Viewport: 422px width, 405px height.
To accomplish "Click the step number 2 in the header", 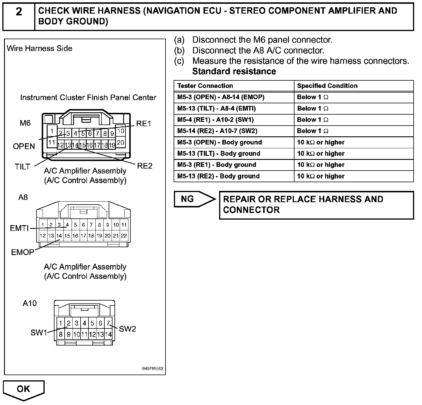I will [19, 12].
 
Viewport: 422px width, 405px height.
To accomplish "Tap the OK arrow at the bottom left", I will [23, 389].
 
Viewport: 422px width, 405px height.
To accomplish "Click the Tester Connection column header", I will [205, 86].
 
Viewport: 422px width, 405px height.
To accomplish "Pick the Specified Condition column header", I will [327, 86].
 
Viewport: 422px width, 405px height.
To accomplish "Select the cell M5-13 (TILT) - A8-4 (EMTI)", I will [217, 109].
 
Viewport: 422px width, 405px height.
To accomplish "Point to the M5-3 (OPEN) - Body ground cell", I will [219, 142].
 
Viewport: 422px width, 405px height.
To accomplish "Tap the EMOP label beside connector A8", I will [23, 252].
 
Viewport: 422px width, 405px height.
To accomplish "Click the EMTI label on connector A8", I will [19, 228].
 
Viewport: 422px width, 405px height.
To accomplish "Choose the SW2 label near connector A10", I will [128, 329].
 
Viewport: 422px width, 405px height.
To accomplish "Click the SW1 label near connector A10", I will [39, 332].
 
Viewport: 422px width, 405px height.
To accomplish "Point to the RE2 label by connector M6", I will [145, 166].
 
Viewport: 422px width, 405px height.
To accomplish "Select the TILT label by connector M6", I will [22, 167].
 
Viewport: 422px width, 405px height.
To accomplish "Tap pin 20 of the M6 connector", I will [121, 142].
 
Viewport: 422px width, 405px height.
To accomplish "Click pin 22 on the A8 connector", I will [124, 236].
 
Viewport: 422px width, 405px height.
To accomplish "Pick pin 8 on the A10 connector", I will [61, 335].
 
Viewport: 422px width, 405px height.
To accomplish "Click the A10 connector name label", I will [30, 303].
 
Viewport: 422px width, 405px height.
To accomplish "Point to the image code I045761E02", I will [152, 369].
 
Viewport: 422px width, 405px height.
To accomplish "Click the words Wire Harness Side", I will [39, 48].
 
